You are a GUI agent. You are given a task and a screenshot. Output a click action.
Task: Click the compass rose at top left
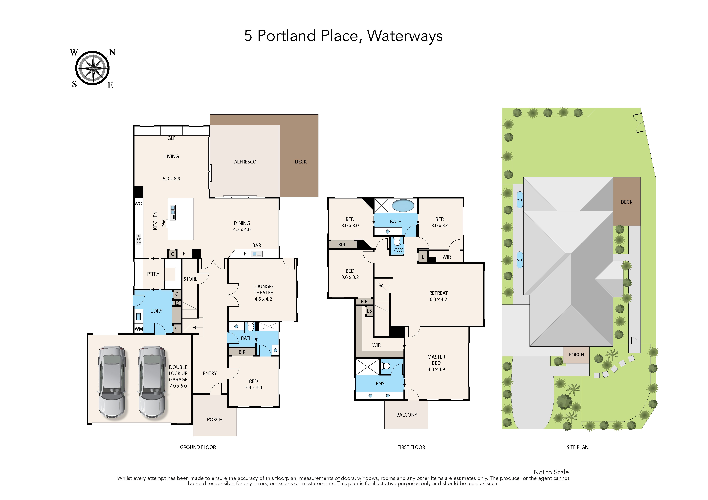coord(92,68)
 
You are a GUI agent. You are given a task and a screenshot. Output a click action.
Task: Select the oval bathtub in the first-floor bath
coord(403,205)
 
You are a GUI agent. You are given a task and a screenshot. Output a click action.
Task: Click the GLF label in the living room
coord(171,138)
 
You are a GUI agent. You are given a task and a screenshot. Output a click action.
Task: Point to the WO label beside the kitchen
coord(138,203)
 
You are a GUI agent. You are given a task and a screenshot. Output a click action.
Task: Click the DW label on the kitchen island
coord(164,224)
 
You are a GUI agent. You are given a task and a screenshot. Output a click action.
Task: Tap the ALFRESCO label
coord(245,162)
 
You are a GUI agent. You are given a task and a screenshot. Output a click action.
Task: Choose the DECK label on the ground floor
coord(301,162)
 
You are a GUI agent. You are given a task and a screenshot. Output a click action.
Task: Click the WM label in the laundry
coord(139,329)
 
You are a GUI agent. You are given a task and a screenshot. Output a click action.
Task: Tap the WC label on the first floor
coord(400,250)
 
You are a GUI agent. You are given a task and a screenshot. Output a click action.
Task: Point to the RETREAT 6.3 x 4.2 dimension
coord(438,299)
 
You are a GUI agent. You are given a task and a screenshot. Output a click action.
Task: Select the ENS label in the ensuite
coord(380,384)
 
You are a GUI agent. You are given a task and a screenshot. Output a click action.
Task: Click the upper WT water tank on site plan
coord(520,200)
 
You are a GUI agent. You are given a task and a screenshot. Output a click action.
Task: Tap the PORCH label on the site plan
coord(576,355)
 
